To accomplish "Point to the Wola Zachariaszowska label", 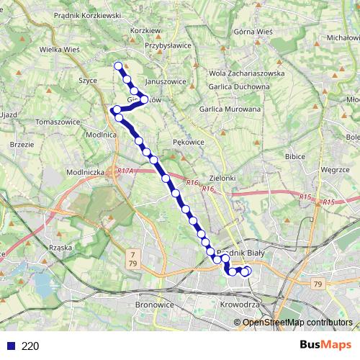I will pyautogui.click(x=246, y=73).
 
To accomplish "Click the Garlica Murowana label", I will pyautogui.click(x=230, y=109).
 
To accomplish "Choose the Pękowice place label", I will pyautogui.click(x=189, y=143).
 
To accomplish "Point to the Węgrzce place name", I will pyautogui.click(x=335, y=170).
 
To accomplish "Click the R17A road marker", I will pyautogui.click(x=125, y=171).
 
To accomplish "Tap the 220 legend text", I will pyautogui.click(x=30, y=346).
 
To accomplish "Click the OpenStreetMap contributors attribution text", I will pyautogui.click(x=297, y=322).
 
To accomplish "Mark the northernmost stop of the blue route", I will pyautogui.click(x=119, y=66).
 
